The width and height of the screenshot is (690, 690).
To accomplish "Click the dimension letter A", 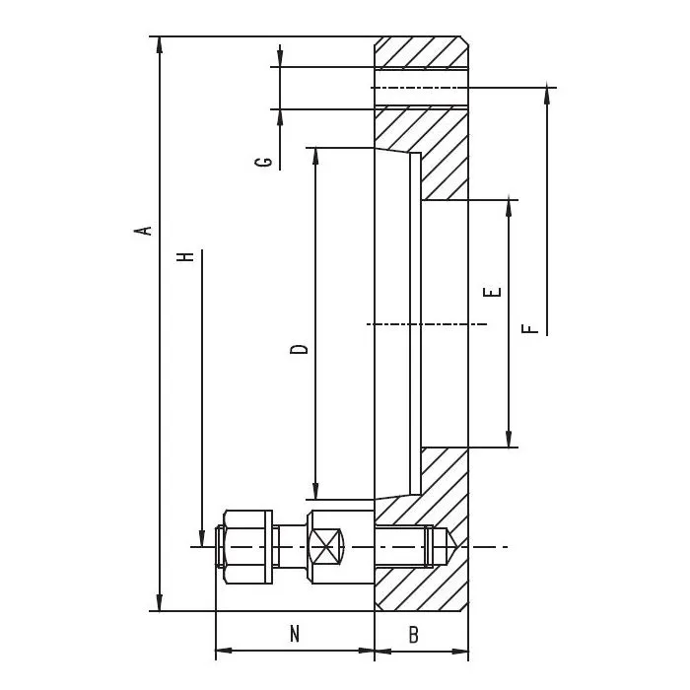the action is click(x=143, y=231).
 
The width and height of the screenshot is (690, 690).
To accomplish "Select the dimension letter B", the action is click(x=413, y=635).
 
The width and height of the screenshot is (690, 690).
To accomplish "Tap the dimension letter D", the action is click(x=300, y=349).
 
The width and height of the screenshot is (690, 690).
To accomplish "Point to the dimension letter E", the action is click(x=492, y=292).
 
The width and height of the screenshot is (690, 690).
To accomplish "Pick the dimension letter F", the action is click(x=530, y=328).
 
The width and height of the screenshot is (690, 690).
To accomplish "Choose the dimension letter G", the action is click(x=263, y=163).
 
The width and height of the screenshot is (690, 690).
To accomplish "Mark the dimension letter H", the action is click(x=185, y=257).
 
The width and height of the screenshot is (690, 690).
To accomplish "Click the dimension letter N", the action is click(x=295, y=634).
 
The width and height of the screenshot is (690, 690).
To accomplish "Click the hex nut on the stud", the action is click(x=247, y=547).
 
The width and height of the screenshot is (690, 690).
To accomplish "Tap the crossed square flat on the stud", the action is click(x=325, y=546).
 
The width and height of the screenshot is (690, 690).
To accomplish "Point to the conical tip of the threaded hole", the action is click(x=453, y=546).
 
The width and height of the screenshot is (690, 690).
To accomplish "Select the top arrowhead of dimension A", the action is click(x=160, y=45).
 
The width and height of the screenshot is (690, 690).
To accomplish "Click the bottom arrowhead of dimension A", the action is click(x=160, y=602).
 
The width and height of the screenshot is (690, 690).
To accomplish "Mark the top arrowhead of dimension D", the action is click(x=315, y=157).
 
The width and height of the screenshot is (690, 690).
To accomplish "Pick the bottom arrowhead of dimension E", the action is click(x=509, y=439).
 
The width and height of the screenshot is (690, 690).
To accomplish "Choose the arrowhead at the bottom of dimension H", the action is click(x=202, y=538).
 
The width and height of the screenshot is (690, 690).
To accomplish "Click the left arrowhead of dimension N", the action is click(x=225, y=651).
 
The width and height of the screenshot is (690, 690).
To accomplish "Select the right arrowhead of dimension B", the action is click(x=460, y=651).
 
